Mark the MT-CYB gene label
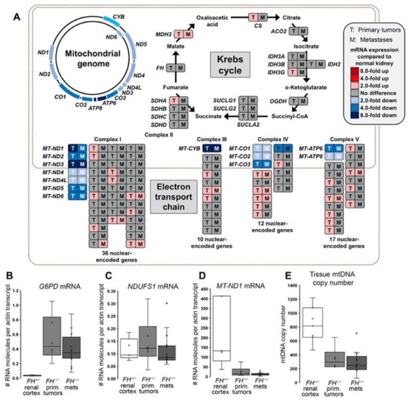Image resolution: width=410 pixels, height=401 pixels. pos(187,149)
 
